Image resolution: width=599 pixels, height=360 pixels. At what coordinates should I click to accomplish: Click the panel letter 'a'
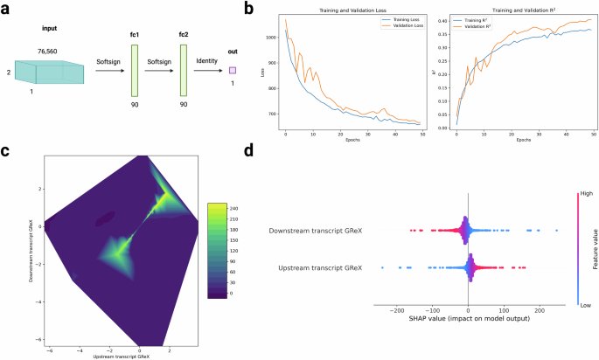point(6,10)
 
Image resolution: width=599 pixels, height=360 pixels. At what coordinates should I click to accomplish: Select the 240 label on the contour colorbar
point(222,210)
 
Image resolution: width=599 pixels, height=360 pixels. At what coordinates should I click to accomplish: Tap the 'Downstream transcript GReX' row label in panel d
point(317,231)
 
